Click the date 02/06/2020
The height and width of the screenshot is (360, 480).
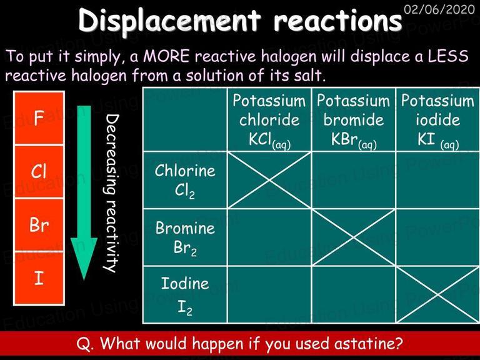point(439,9)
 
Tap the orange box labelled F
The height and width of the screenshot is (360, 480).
point(39,118)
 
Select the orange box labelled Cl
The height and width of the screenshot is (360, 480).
point(39,171)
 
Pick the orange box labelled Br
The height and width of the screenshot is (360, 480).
point(39,225)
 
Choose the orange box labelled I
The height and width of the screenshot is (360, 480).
point(39,279)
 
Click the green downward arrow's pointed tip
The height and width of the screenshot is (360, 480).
point(84,279)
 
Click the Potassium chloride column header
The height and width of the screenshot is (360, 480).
point(269,120)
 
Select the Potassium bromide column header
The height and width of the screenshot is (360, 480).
point(354,120)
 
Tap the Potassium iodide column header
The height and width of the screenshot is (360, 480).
point(438,120)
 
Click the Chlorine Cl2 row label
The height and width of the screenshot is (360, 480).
point(185,181)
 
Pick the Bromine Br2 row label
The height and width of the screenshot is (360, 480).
point(185,238)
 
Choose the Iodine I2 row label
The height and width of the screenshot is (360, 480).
point(185,295)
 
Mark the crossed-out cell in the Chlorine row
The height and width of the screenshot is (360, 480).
point(269,180)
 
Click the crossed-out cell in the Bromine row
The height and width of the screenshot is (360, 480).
point(354,237)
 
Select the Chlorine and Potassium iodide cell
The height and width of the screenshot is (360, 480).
point(438,180)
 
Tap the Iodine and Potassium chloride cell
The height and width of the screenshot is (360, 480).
point(269,295)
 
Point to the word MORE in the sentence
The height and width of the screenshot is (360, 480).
point(166,56)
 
